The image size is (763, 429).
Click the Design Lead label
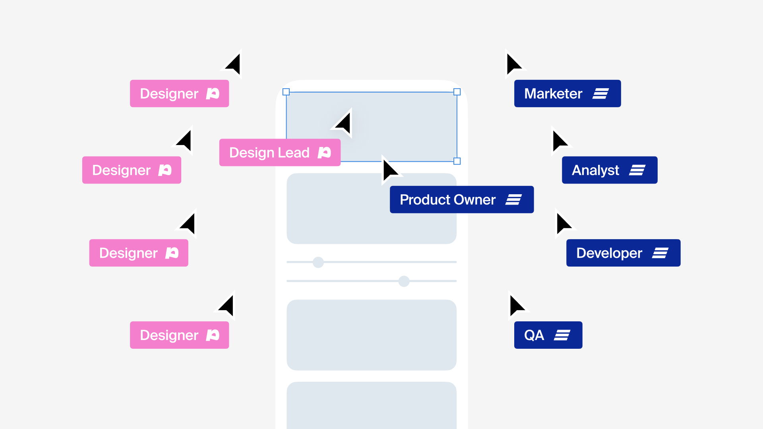(279, 153)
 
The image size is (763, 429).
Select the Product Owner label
(461, 199)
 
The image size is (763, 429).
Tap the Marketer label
(567, 93)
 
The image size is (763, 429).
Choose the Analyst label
(609, 170)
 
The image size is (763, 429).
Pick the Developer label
(623, 253)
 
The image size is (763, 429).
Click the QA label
(548, 335)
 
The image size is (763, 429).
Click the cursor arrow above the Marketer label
(513, 64)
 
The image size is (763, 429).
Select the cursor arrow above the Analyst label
(559, 141)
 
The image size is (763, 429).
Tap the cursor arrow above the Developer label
(563, 223)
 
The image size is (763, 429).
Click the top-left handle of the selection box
(286, 92)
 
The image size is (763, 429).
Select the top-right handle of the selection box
(457, 92)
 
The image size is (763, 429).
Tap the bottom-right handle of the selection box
(457, 161)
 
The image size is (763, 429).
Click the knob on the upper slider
(318, 262)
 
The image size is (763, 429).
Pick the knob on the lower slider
(404, 281)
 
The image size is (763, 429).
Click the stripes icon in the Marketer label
(600, 94)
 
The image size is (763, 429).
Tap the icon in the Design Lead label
(324, 153)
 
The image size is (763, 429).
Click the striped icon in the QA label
(562, 335)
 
